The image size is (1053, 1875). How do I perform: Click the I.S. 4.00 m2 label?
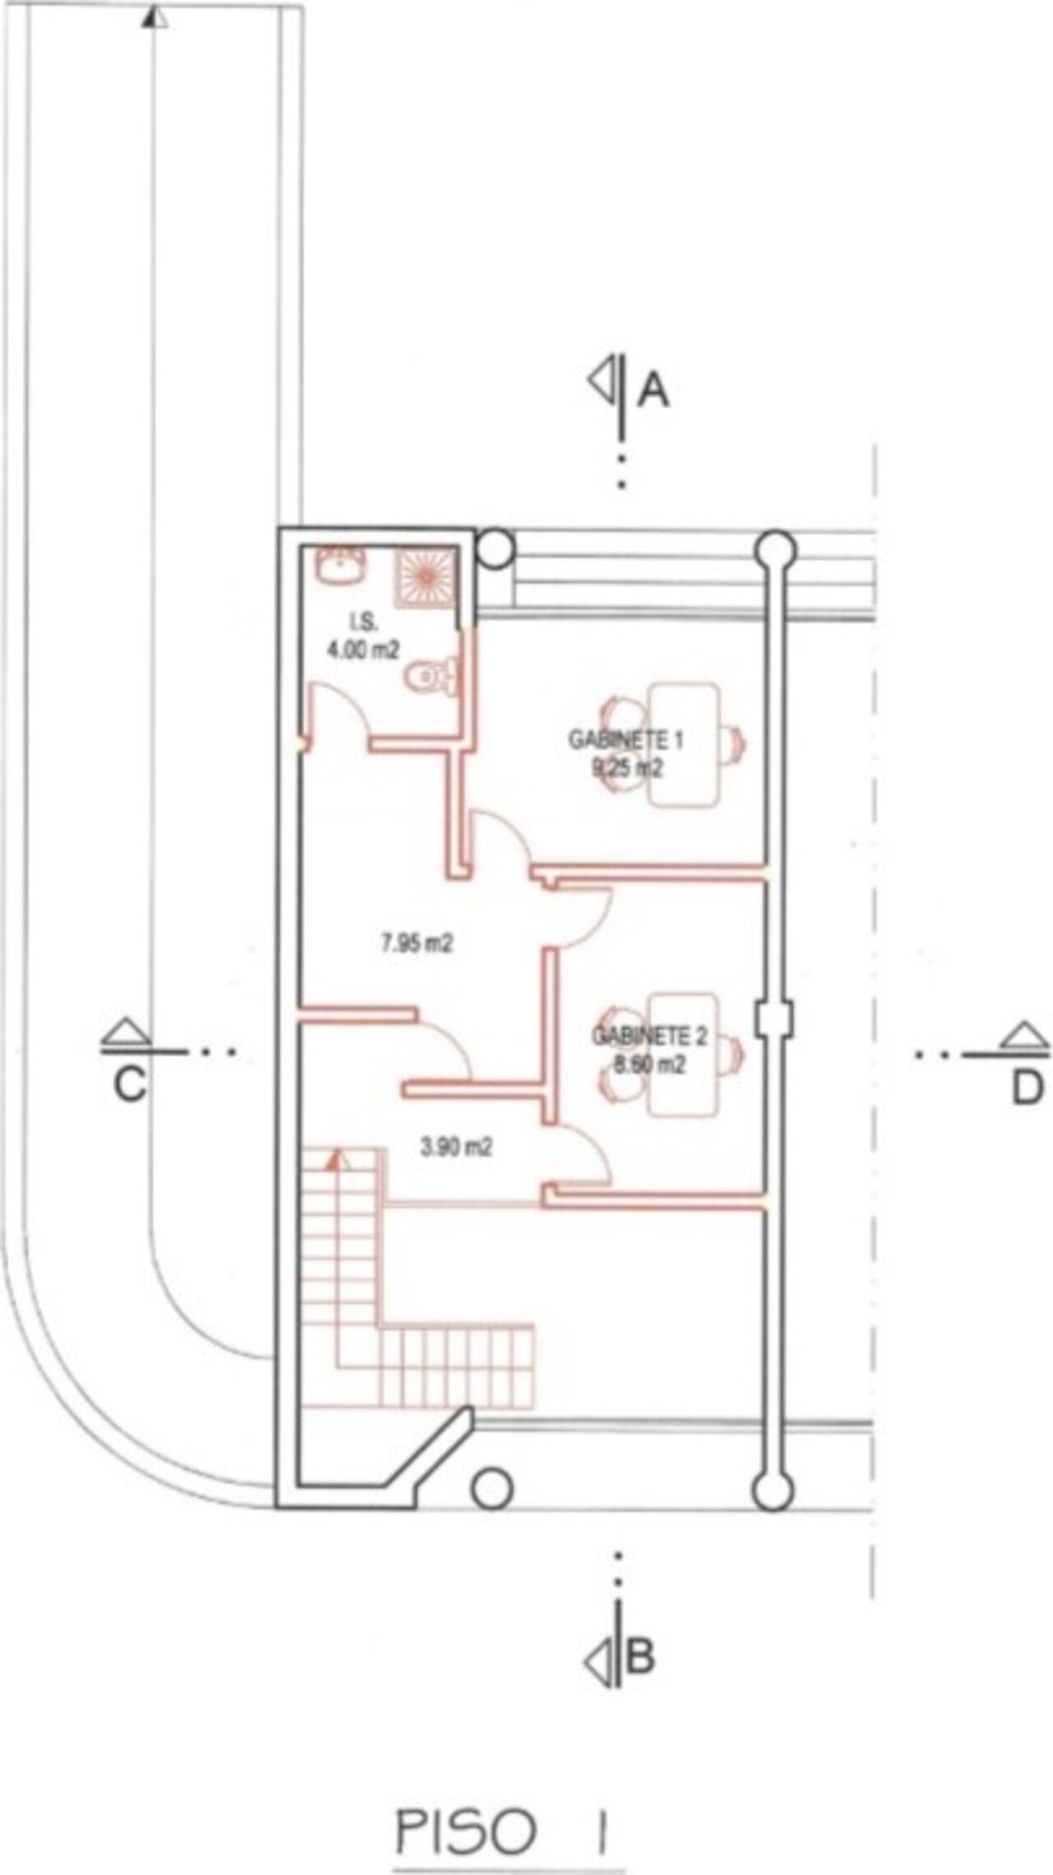tap(364, 637)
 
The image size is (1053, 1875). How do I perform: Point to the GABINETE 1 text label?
tap(626, 740)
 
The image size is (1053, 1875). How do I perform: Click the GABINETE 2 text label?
tap(650, 1036)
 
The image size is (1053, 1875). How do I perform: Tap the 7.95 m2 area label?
tap(416, 943)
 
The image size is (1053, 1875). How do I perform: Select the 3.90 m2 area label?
tap(457, 1147)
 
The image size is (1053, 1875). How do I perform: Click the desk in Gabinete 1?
tap(684, 745)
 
